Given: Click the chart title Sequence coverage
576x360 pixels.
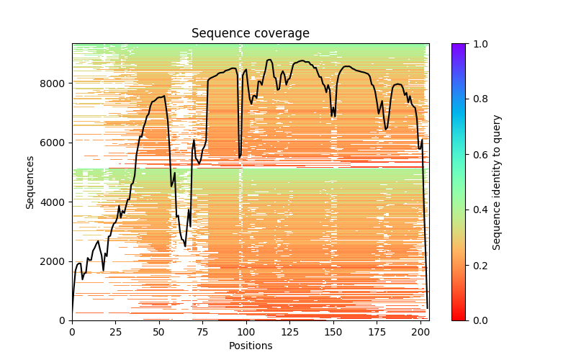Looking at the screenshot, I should click(250, 34).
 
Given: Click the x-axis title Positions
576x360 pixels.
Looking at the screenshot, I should click(250, 346).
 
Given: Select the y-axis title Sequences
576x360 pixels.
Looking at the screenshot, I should click(30, 181).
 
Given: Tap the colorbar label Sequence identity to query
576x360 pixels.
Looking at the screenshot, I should click(496, 181).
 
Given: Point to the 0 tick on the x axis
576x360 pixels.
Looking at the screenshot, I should click(72, 331).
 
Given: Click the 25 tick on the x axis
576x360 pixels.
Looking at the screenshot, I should click(116, 331).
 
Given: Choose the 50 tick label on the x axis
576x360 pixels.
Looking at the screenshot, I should click(159, 331).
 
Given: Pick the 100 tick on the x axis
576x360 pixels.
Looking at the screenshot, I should click(246, 331).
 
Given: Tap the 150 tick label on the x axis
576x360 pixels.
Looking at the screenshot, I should click(333, 331).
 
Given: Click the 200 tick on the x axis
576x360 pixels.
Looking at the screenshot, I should click(420, 331).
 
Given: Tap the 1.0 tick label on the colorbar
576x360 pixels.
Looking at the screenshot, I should click(478, 44).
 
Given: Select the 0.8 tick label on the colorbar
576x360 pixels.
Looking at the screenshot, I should click(478, 99).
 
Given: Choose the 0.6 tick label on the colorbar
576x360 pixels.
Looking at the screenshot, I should click(478, 155).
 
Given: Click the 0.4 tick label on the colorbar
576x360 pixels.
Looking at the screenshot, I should click(478, 210).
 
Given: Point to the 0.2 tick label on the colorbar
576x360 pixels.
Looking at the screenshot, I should click(478, 266).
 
